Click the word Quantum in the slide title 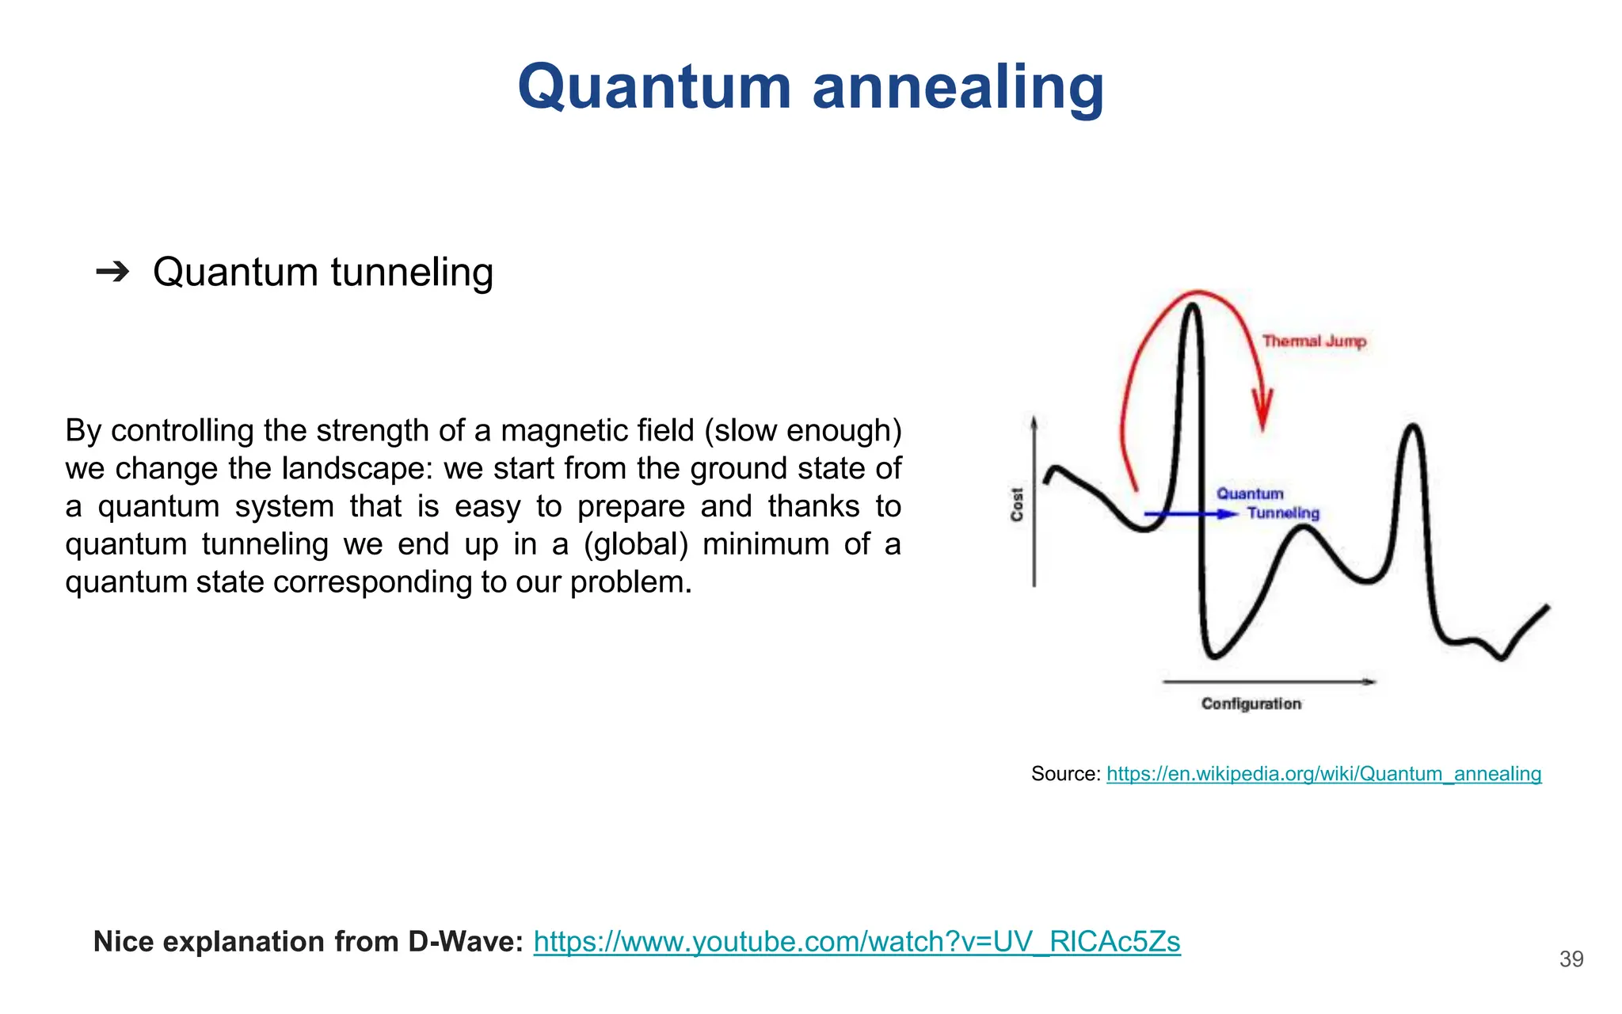(x=654, y=87)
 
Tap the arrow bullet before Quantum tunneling (x=112, y=273)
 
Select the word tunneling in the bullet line (x=412, y=273)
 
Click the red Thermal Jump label (x=1314, y=341)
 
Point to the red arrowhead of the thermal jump (x=1262, y=412)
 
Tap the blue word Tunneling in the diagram (x=1283, y=513)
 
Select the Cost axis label (x=1018, y=504)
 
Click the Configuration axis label (x=1251, y=703)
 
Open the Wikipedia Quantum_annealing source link (x=1323, y=774)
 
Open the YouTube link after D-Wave (x=856, y=942)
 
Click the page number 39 (x=1571, y=959)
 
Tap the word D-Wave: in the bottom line (x=466, y=942)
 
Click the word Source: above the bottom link (x=1065, y=774)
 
